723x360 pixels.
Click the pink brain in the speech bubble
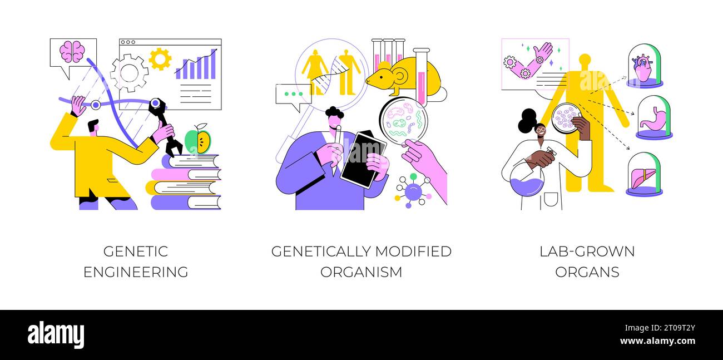[x=72, y=52]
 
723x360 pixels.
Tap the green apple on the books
[x=197, y=141]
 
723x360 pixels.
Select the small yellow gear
[x=160, y=59]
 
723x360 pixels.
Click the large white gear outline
[x=129, y=72]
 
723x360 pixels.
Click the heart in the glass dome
[x=643, y=68]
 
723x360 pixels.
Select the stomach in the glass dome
[x=652, y=120]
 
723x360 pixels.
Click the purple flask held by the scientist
[x=526, y=179]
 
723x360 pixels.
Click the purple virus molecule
[x=413, y=191]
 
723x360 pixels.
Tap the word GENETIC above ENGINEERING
[x=135, y=251]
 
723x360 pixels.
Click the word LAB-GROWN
[x=587, y=251]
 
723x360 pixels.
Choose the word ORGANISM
[x=361, y=272]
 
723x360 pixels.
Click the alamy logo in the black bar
[x=56, y=335]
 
